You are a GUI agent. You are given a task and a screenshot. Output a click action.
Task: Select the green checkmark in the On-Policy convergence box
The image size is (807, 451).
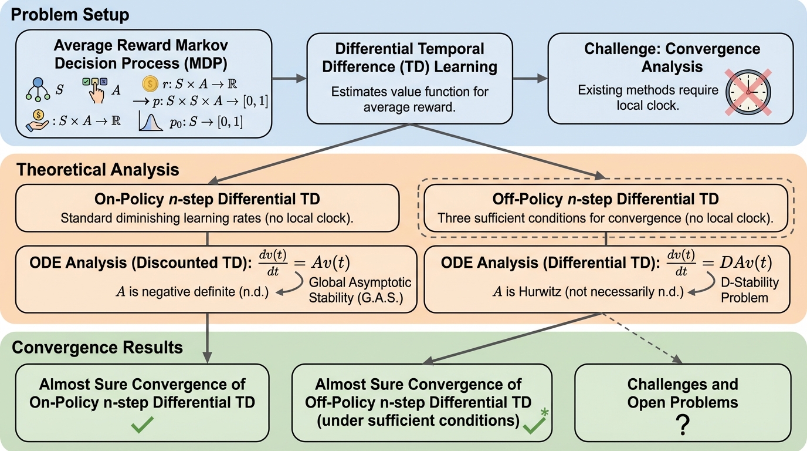(x=142, y=425)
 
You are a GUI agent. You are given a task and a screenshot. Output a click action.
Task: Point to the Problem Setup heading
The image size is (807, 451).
(x=71, y=14)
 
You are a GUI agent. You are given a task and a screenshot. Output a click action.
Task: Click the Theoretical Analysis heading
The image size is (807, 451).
(x=98, y=170)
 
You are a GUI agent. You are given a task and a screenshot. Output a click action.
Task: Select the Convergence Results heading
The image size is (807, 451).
(x=97, y=347)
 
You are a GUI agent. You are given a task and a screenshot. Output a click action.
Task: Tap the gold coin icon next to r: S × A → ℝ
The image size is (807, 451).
(x=150, y=83)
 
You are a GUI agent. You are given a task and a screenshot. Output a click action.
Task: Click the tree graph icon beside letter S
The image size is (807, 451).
(x=39, y=89)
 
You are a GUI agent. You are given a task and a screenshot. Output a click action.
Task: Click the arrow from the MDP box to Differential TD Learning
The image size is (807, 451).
(x=290, y=79)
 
